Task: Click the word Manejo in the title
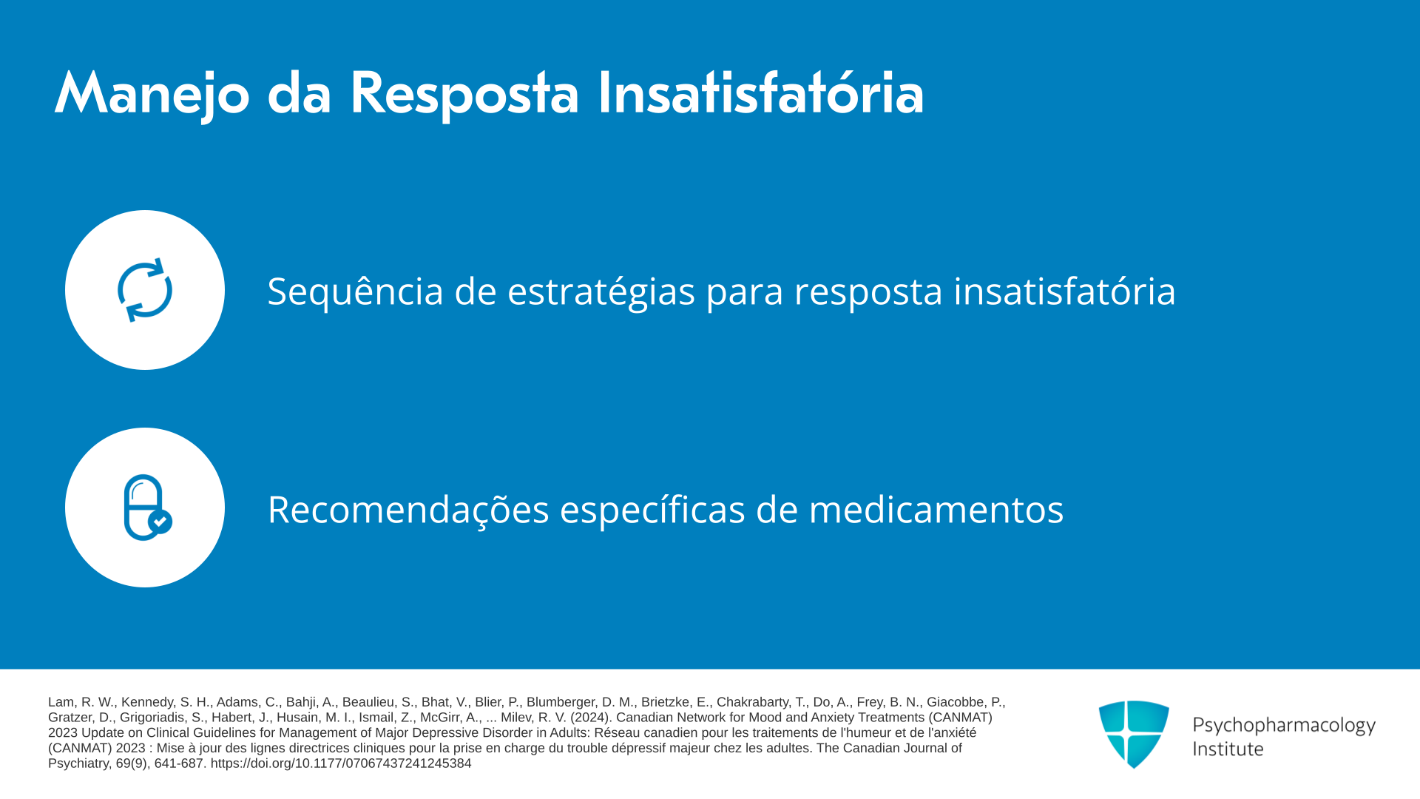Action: (x=152, y=95)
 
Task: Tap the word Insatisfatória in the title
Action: (x=761, y=92)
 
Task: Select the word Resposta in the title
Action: (x=464, y=95)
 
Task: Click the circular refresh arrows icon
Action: (x=145, y=290)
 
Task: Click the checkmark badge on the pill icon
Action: (x=160, y=522)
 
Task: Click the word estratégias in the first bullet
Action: (x=601, y=291)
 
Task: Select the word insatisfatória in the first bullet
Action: (x=1064, y=290)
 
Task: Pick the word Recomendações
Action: (x=408, y=510)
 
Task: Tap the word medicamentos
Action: (x=936, y=510)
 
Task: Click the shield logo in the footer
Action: (x=1134, y=734)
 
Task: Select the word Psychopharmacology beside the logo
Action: (x=1284, y=725)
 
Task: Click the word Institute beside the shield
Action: (x=1228, y=749)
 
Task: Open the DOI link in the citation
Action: (x=341, y=763)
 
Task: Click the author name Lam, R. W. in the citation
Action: (x=81, y=702)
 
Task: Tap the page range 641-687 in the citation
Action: (x=178, y=763)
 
